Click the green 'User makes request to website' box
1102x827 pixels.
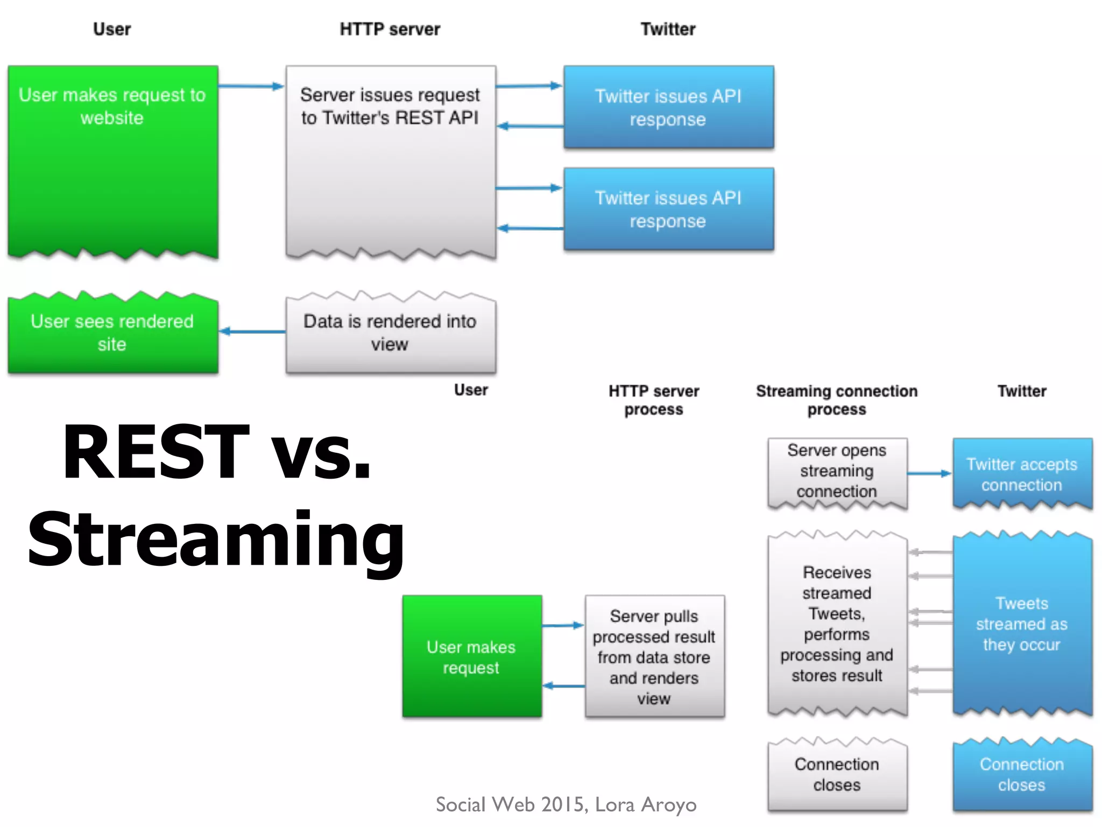pos(112,162)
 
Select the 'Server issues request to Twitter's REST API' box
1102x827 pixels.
pos(391,162)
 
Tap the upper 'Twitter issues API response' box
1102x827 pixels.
pos(668,107)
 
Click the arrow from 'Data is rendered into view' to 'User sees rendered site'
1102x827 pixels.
pos(252,331)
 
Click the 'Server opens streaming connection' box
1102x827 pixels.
pos(837,472)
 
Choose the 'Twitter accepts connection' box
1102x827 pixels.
pos(1022,474)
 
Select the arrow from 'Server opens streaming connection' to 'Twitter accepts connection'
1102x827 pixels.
pos(929,473)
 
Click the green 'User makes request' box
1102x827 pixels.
pos(471,656)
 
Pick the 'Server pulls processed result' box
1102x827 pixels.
pos(654,656)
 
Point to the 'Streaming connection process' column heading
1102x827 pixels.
pos(837,400)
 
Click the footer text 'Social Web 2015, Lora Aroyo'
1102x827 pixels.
pos(566,804)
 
